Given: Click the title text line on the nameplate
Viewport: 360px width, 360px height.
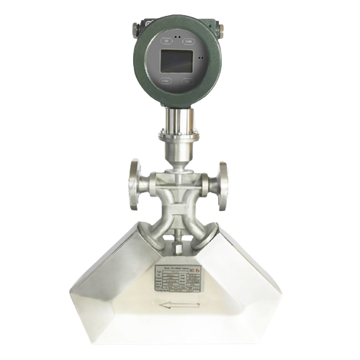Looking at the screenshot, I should coord(173,265).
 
